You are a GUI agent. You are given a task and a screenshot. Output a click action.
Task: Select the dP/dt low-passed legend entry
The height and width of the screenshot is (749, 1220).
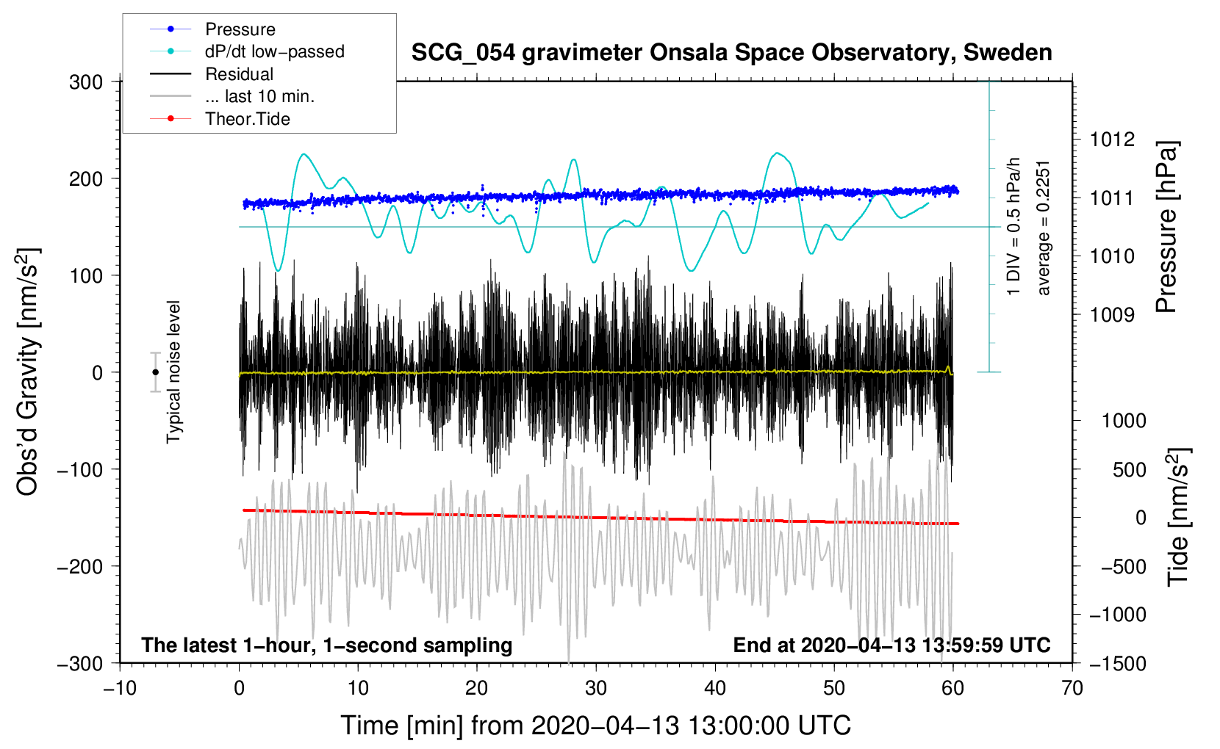point(274,51)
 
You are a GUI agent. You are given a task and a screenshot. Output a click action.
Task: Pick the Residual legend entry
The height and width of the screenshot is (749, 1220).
point(239,74)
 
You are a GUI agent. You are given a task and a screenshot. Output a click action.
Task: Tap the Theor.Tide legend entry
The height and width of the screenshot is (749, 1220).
point(247,119)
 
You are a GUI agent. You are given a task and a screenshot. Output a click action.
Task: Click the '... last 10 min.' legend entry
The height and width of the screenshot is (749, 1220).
point(259,96)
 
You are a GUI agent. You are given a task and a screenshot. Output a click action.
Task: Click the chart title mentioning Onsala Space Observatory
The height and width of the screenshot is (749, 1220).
point(731,53)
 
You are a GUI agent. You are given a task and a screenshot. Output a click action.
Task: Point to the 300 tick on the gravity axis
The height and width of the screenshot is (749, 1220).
point(86,82)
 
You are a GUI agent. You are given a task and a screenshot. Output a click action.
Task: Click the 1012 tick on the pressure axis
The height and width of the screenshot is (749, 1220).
point(1112,140)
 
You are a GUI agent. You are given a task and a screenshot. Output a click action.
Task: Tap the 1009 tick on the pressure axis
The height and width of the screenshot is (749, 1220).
point(1112,315)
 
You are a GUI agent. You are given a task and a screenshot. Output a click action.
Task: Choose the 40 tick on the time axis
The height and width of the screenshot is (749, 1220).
point(714,689)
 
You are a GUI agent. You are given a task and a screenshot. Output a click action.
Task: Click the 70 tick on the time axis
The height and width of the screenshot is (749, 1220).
point(1072,689)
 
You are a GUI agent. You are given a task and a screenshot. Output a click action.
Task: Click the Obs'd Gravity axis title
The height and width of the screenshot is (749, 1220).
point(28,372)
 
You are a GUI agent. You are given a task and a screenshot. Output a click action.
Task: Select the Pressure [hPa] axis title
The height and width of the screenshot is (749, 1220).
point(1166,228)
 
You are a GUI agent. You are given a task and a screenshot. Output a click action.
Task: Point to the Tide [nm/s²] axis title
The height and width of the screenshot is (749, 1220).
point(1178,516)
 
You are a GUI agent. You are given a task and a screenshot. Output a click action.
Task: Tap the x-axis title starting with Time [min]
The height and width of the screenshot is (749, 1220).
point(595,726)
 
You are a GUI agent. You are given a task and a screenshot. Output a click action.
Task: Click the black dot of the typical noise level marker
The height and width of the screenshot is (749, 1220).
point(155,372)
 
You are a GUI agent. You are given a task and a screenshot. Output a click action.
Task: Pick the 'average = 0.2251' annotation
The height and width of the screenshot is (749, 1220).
point(1044,228)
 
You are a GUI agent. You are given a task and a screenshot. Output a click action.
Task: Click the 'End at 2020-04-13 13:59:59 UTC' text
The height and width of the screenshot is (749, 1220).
point(891,645)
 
